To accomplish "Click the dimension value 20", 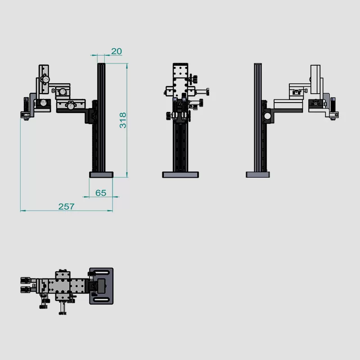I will coord(116,51).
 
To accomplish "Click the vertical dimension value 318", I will coord(123,120).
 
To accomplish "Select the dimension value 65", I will coord(101,193).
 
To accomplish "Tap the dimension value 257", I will coord(66,207).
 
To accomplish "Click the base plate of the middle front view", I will coord(180,175).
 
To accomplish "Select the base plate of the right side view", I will coord(258,175).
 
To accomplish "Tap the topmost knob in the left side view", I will coord(45,79).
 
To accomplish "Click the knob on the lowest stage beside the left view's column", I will coord(70,106).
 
